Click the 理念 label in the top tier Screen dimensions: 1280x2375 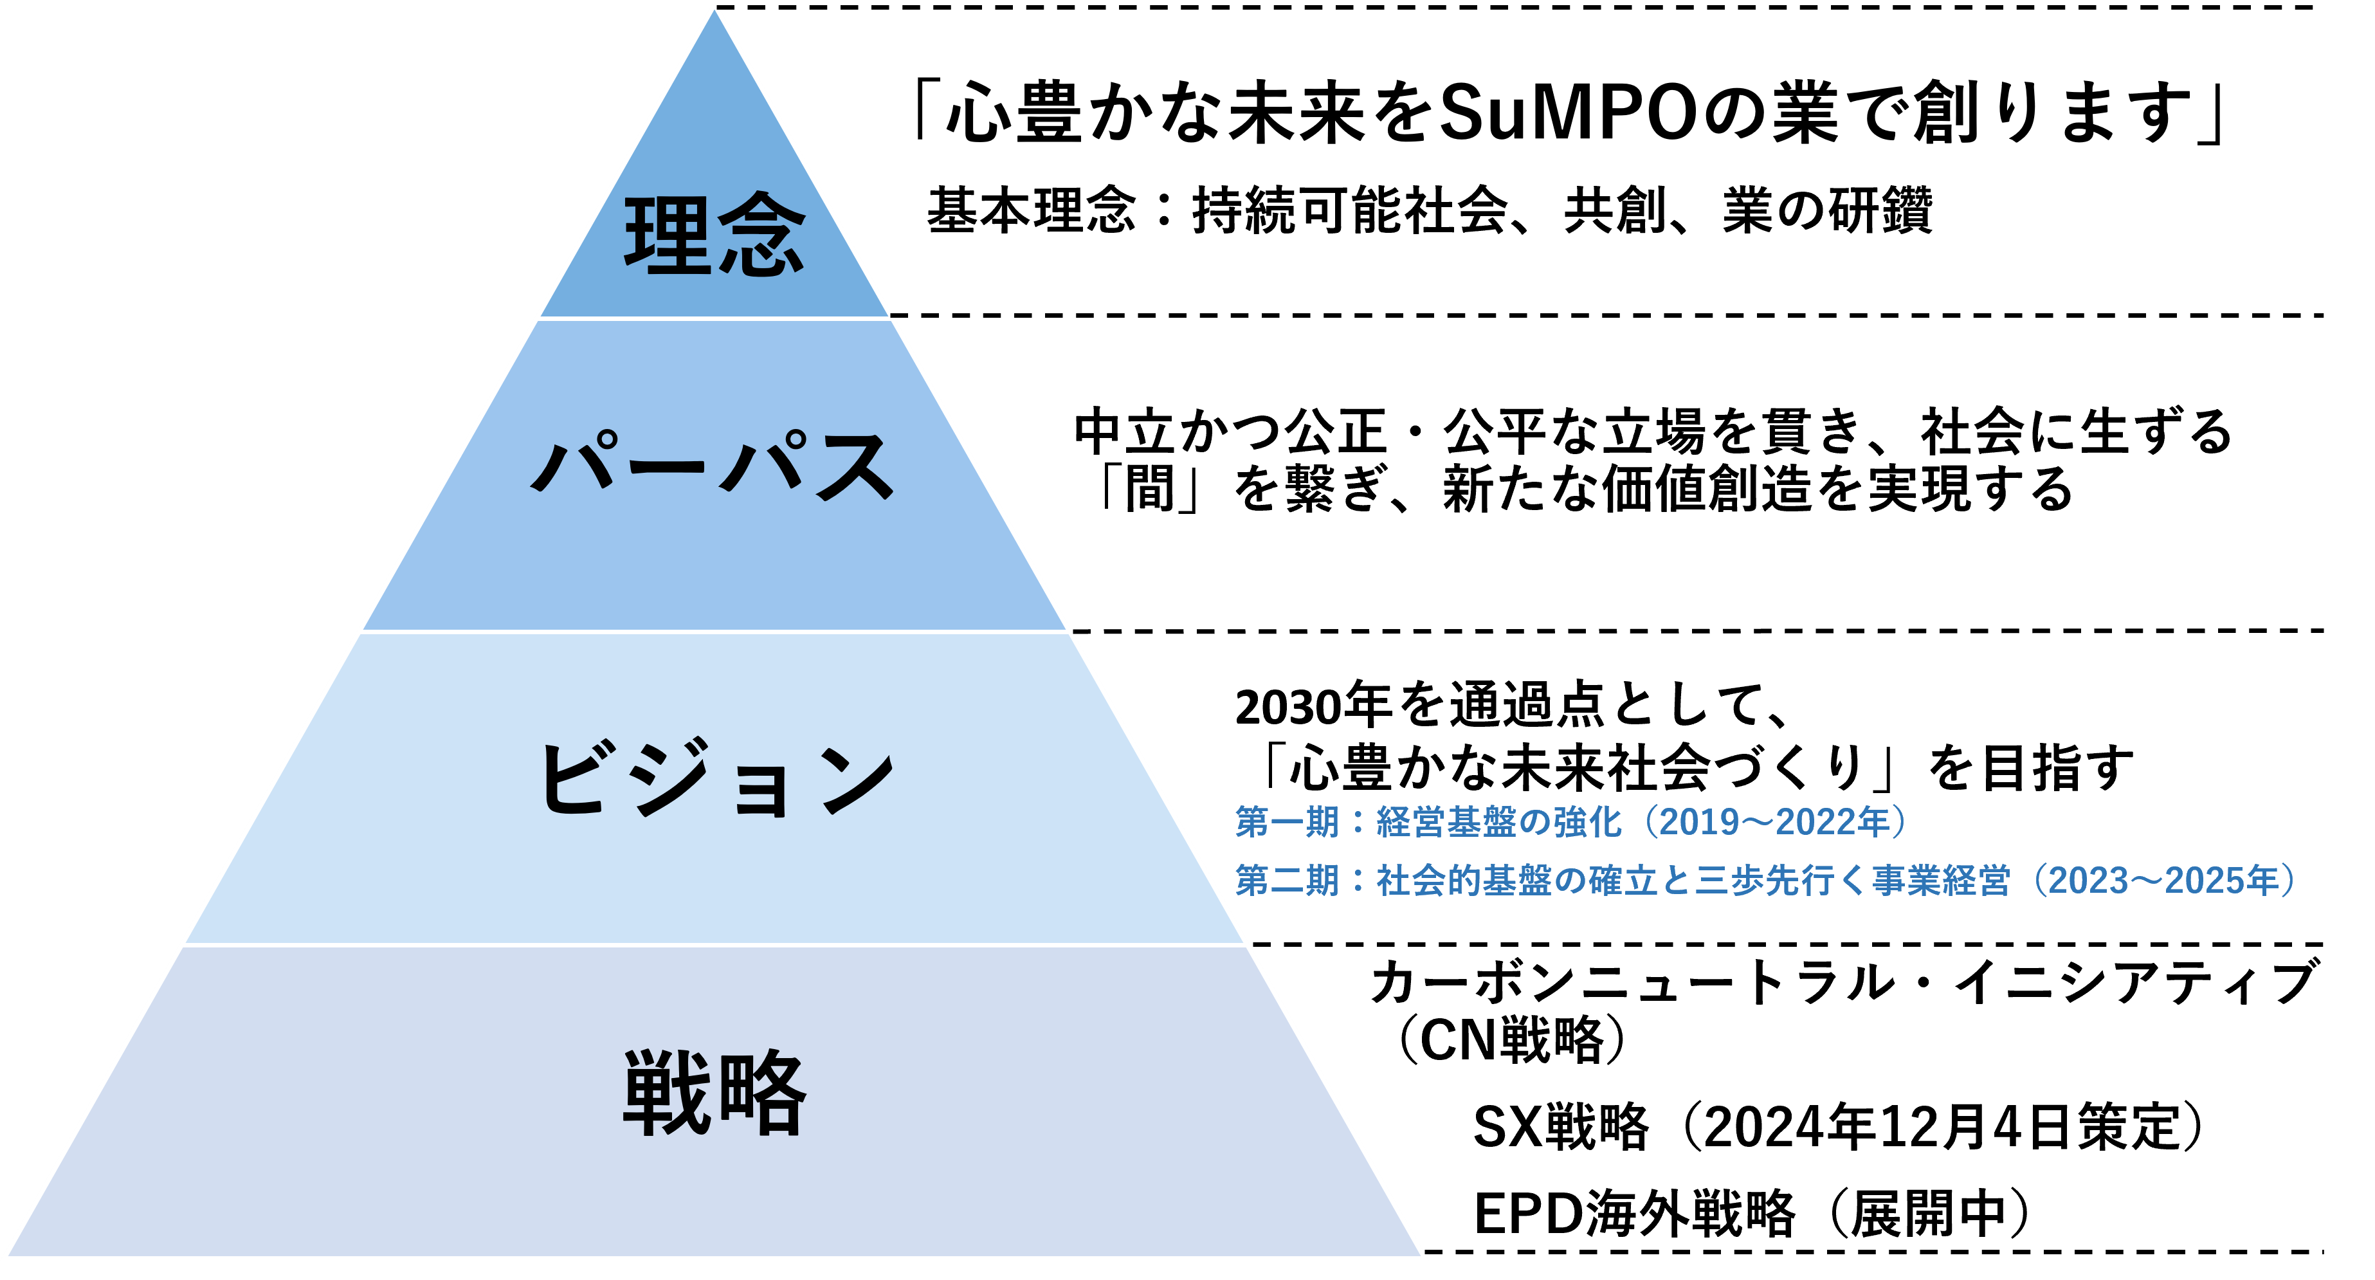tap(714, 235)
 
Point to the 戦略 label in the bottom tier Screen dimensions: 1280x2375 tap(714, 1093)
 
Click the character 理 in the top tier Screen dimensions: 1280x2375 tap(668, 235)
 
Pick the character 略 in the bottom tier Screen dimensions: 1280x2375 tap(761, 1093)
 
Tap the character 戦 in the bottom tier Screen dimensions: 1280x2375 tap(668, 1093)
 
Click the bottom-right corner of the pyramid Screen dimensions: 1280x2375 tap(1424, 1256)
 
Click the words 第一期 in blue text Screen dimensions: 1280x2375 tap(1287, 821)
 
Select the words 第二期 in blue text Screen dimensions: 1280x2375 tap(1287, 881)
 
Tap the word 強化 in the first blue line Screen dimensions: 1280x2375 tap(1587, 821)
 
